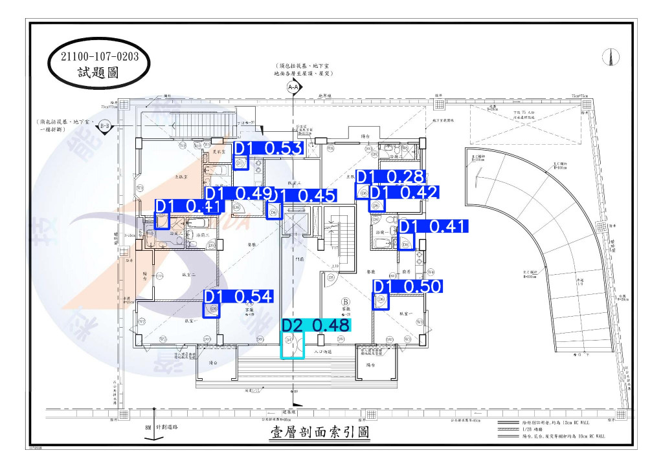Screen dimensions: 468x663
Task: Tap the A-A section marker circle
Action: pyautogui.click(x=293, y=86)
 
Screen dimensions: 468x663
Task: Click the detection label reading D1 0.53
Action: pyautogui.click(x=268, y=149)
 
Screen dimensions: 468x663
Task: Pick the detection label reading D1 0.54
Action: pyautogui.click(x=239, y=297)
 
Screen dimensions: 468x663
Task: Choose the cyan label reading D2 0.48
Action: pyautogui.click(x=315, y=325)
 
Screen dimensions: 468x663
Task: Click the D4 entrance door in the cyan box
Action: pyautogui.click(x=292, y=345)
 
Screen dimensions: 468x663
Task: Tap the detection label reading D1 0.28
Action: pyautogui.click(x=390, y=176)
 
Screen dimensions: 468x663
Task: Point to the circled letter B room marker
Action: pyautogui.click(x=345, y=302)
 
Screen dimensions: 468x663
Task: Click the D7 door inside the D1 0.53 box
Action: pyautogui.click(x=240, y=164)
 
